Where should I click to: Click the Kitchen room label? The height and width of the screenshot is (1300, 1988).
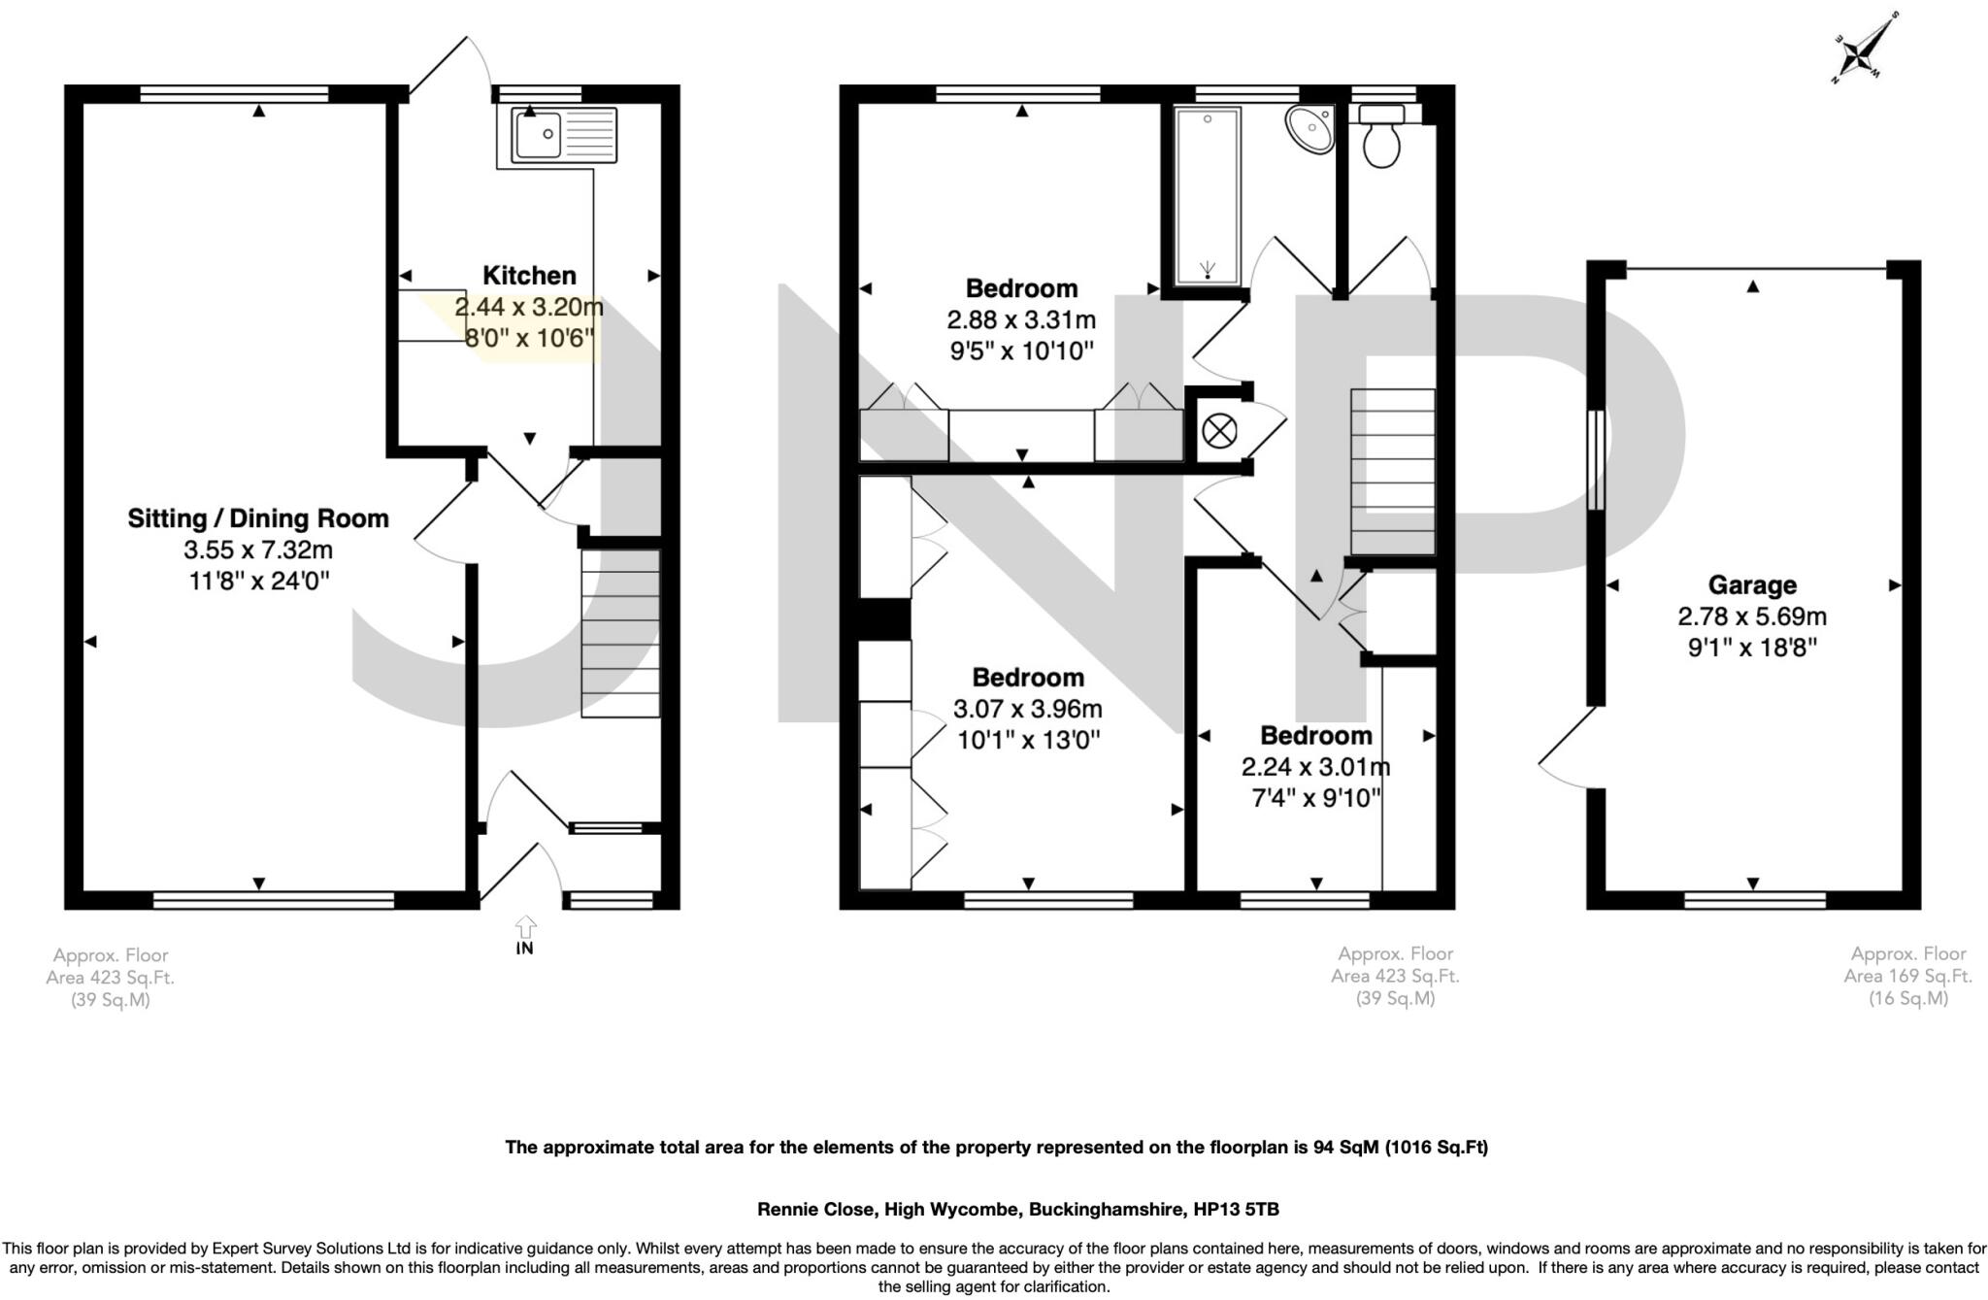point(529,276)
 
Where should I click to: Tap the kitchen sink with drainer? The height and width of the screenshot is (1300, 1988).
point(564,135)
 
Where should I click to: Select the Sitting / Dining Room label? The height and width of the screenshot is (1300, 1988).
point(258,518)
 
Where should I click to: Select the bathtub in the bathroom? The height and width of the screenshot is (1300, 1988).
point(1208,195)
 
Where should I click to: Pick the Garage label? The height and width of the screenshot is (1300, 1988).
point(1752,585)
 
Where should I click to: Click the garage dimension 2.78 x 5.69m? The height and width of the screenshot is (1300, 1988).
point(1752,617)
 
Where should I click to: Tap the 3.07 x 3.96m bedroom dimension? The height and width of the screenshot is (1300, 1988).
point(1028,709)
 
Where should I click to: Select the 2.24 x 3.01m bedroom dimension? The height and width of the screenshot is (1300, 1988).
point(1315,767)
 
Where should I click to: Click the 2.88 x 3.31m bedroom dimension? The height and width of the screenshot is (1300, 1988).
point(1021,319)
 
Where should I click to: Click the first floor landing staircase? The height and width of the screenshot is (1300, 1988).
point(1392,471)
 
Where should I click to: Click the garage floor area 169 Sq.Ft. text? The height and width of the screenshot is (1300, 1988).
point(1907,976)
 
